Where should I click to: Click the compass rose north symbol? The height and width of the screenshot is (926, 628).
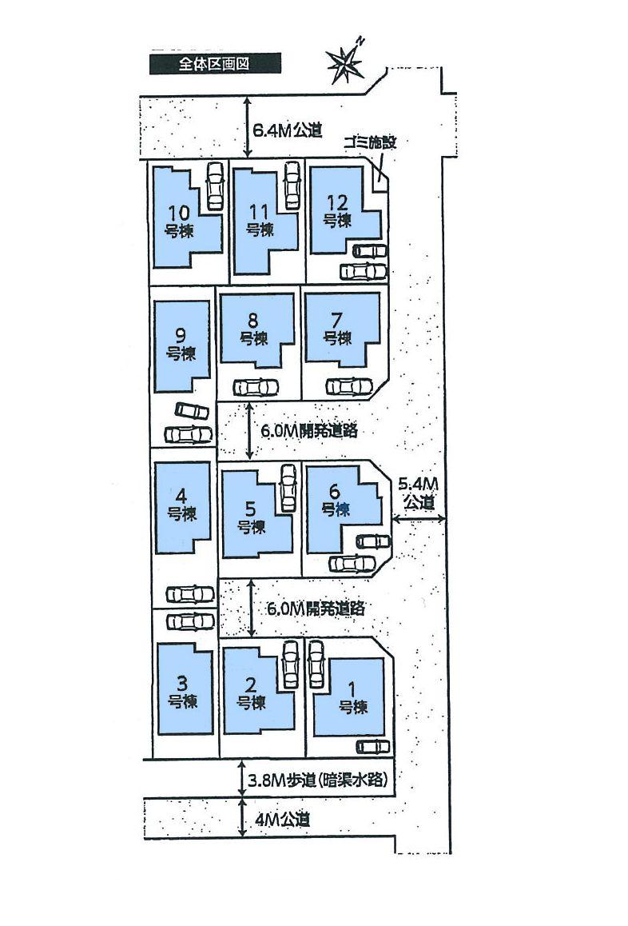point(346,61)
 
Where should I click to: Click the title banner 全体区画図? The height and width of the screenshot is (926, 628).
point(215,64)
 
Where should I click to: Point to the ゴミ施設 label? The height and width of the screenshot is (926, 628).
point(369,142)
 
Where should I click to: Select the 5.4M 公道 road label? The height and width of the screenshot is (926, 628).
point(418,493)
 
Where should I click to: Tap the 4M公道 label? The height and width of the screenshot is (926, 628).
point(282,820)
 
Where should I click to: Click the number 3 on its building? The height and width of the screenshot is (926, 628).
point(181,684)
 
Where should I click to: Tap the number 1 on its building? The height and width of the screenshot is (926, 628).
point(352,688)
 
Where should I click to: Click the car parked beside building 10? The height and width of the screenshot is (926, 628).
point(215,186)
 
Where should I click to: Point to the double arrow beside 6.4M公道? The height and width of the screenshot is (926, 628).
point(248,127)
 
